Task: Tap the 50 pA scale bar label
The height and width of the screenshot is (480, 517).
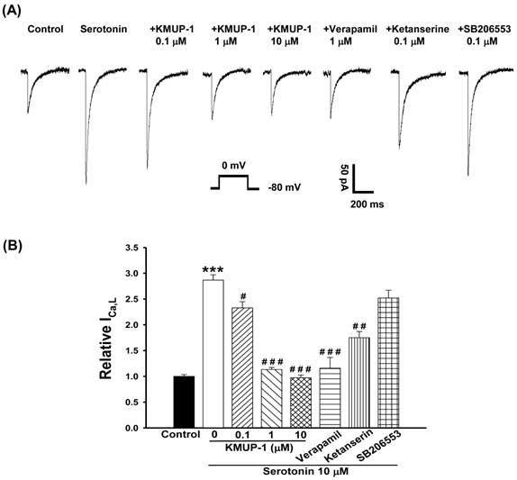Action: (346, 177)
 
